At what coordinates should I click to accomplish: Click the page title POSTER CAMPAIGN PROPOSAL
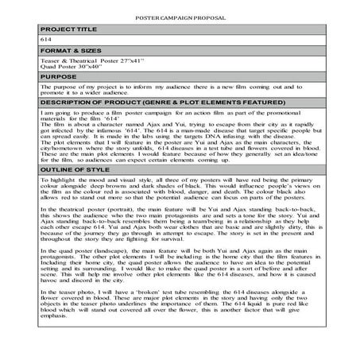click(x=180, y=17)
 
